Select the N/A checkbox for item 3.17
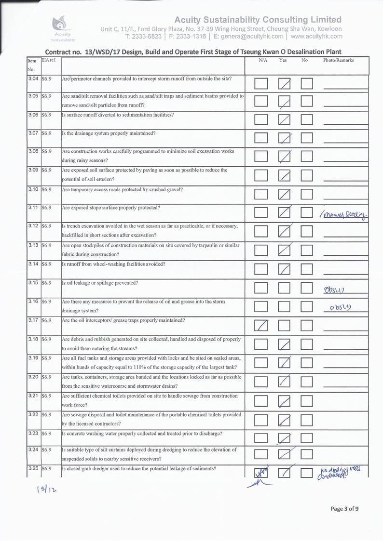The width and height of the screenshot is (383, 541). (261, 326)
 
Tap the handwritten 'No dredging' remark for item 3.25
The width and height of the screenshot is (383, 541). (341, 475)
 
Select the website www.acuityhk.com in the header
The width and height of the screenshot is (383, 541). (317, 36)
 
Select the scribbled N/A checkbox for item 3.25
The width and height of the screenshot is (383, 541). (261, 475)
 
